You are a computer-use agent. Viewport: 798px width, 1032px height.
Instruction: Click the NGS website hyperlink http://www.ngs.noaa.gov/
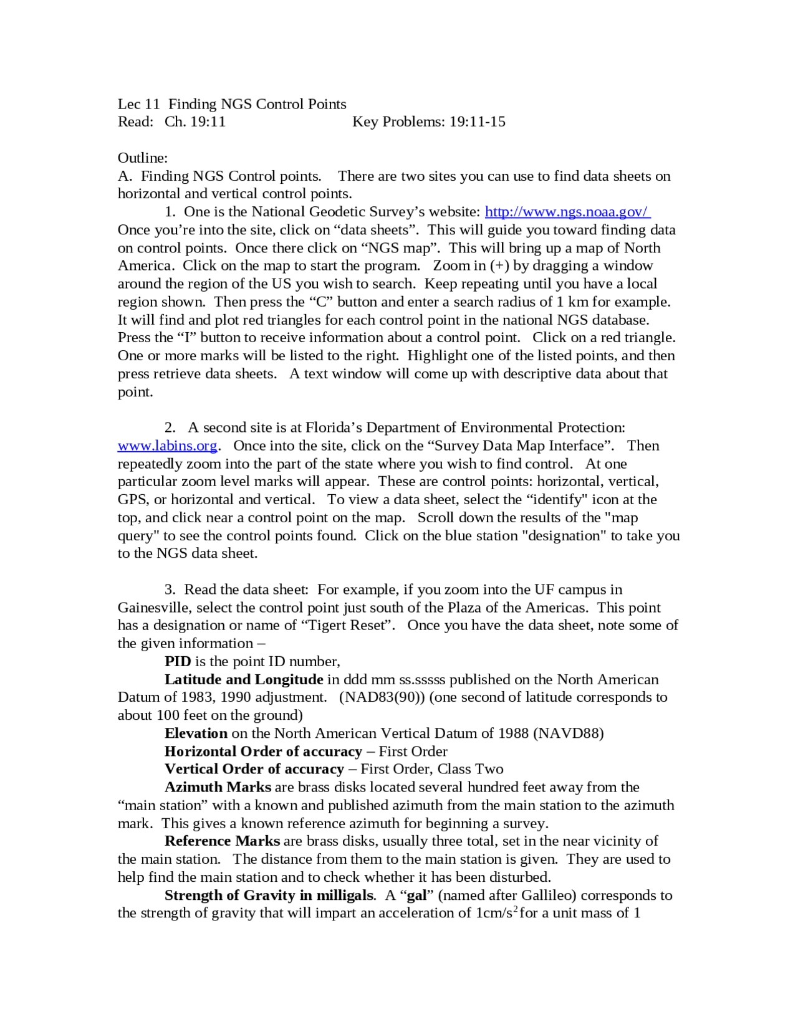click(567, 212)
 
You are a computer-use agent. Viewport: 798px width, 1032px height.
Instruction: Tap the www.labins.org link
click(167, 446)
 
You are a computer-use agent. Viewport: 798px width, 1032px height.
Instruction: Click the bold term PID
click(178, 661)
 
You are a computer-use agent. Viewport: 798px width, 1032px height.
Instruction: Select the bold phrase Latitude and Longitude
click(244, 679)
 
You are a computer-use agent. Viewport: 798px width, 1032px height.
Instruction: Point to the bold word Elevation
click(196, 733)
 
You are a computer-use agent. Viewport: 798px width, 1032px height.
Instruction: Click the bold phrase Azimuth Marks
click(218, 787)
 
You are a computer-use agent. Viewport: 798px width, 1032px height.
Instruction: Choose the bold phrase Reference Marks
click(222, 841)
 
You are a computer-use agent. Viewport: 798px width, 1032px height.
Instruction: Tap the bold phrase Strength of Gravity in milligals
click(269, 896)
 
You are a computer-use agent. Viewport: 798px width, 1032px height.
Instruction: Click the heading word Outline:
click(143, 158)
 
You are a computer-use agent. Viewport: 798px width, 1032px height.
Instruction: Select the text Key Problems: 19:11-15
click(429, 122)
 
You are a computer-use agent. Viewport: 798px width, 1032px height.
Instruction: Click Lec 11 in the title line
click(138, 104)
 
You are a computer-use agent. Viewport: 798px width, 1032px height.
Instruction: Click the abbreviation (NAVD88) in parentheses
click(568, 733)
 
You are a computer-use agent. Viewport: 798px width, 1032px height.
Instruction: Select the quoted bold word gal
click(416, 896)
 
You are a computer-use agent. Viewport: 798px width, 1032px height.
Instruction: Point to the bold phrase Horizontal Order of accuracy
click(263, 752)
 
